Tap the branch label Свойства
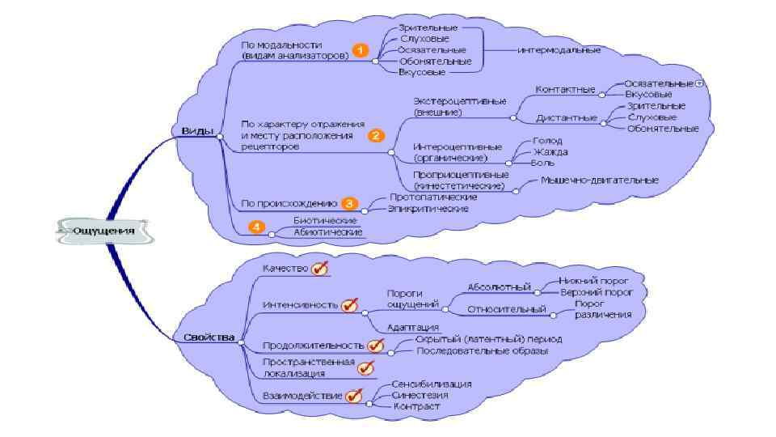click(x=209, y=337)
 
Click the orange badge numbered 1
click(x=361, y=50)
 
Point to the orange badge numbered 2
click(x=376, y=136)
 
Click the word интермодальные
click(x=559, y=50)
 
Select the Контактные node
click(x=566, y=89)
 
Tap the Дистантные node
click(x=567, y=118)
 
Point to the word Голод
click(x=542, y=140)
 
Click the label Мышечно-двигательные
click(x=599, y=180)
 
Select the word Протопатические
click(x=433, y=197)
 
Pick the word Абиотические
click(x=327, y=232)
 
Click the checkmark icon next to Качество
click(x=320, y=269)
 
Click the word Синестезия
click(x=420, y=395)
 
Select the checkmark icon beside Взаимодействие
click(x=354, y=396)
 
